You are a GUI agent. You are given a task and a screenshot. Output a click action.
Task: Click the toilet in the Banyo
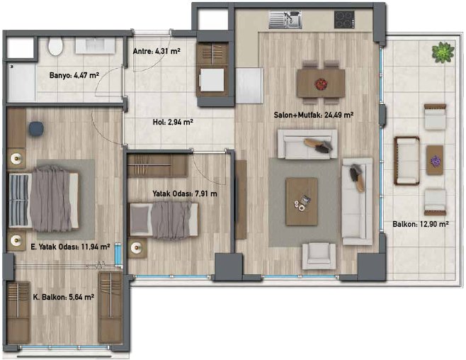pyautogui.click(x=56, y=47)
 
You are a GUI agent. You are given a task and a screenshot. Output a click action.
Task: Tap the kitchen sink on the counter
pyautogui.click(x=285, y=21)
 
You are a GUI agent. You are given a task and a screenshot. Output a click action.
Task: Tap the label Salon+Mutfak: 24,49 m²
pyautogui.click(x=314, y=114)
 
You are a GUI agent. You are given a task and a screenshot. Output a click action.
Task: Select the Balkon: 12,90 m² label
pyautogui.click(x=421, y=225)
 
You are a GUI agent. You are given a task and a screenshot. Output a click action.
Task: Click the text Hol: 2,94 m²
pyautogui.click(x=173, y=121)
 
